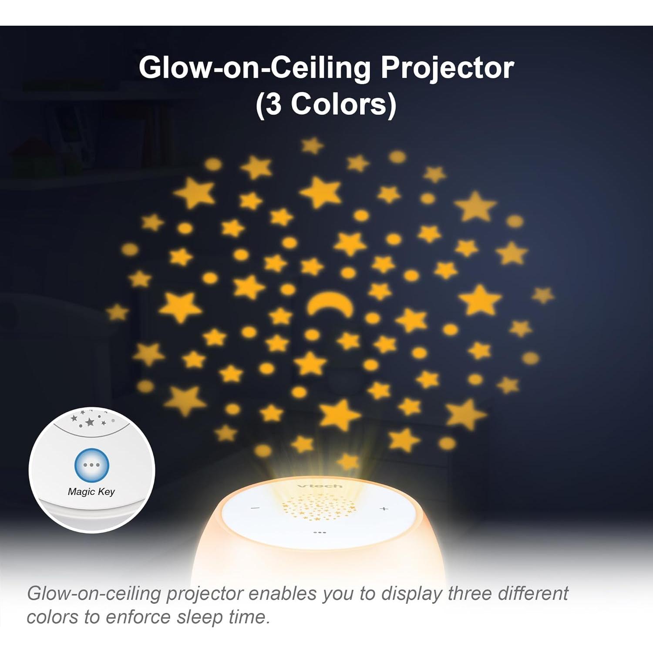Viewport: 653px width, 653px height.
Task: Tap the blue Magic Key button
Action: (91, 465)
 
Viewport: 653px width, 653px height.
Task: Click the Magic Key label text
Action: (91, 492)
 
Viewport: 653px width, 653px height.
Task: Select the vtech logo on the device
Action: (320, 485)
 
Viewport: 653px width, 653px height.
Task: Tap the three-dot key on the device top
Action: (320, 532)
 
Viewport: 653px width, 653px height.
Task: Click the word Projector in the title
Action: (447, 69)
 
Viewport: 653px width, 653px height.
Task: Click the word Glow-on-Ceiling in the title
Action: (254, 69)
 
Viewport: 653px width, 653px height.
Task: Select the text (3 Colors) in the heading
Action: (326, 105)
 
